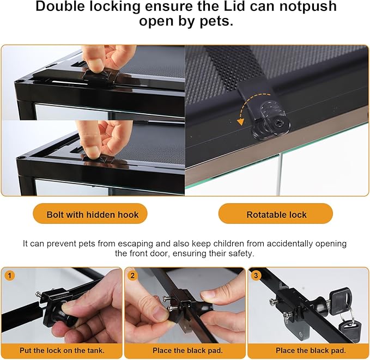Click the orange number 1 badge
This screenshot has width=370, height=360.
pyautogui.click(x=9, y=275)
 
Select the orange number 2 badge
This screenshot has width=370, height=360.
pyautogui.click(x=132, y=275)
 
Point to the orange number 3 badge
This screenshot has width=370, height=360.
pyautogui.click(x=256, y=275)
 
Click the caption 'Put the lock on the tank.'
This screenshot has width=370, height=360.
pyautogui.click(x=62, y=350)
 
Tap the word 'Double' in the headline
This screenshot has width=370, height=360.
pyautogui.click(x=60, y=7)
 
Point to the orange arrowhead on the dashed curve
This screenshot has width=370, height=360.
pyautogui.click(x=240, y=121)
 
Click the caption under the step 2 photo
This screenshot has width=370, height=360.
pyautogui.click(x=187, y=350)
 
